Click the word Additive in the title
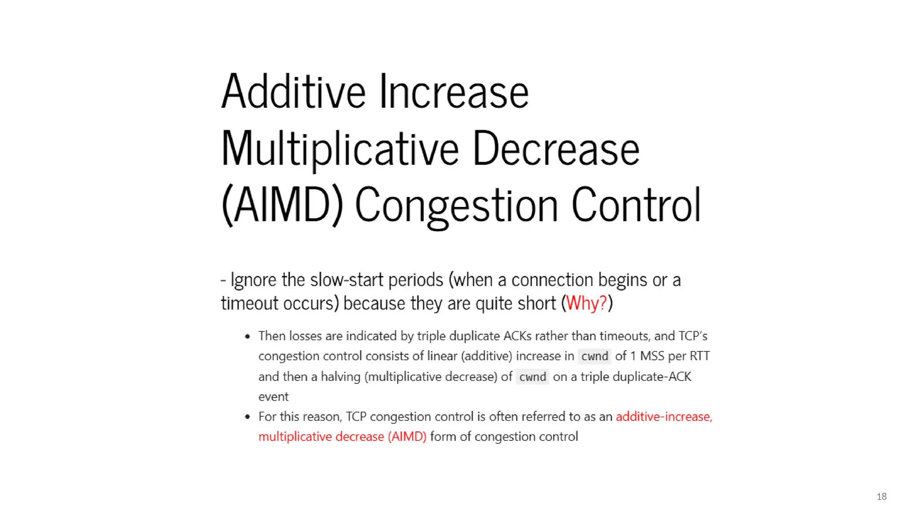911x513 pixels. coord(294,92)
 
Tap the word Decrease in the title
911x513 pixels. coord(556,149)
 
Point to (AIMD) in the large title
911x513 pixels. coord(282,206)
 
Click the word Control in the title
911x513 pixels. coord(636,206)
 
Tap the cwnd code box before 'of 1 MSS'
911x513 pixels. coord(594,356)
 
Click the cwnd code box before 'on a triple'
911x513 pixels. coord(532,377)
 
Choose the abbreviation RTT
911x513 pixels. coord(699,356)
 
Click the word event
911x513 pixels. coord(273,397)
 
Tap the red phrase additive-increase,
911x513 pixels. coord(664,417)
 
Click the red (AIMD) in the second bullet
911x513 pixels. coord(407,437)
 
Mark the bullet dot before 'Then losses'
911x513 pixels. coord(248,337)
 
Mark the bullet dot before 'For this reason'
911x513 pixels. coord(248,417)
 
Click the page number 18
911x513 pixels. coord(881,497)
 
